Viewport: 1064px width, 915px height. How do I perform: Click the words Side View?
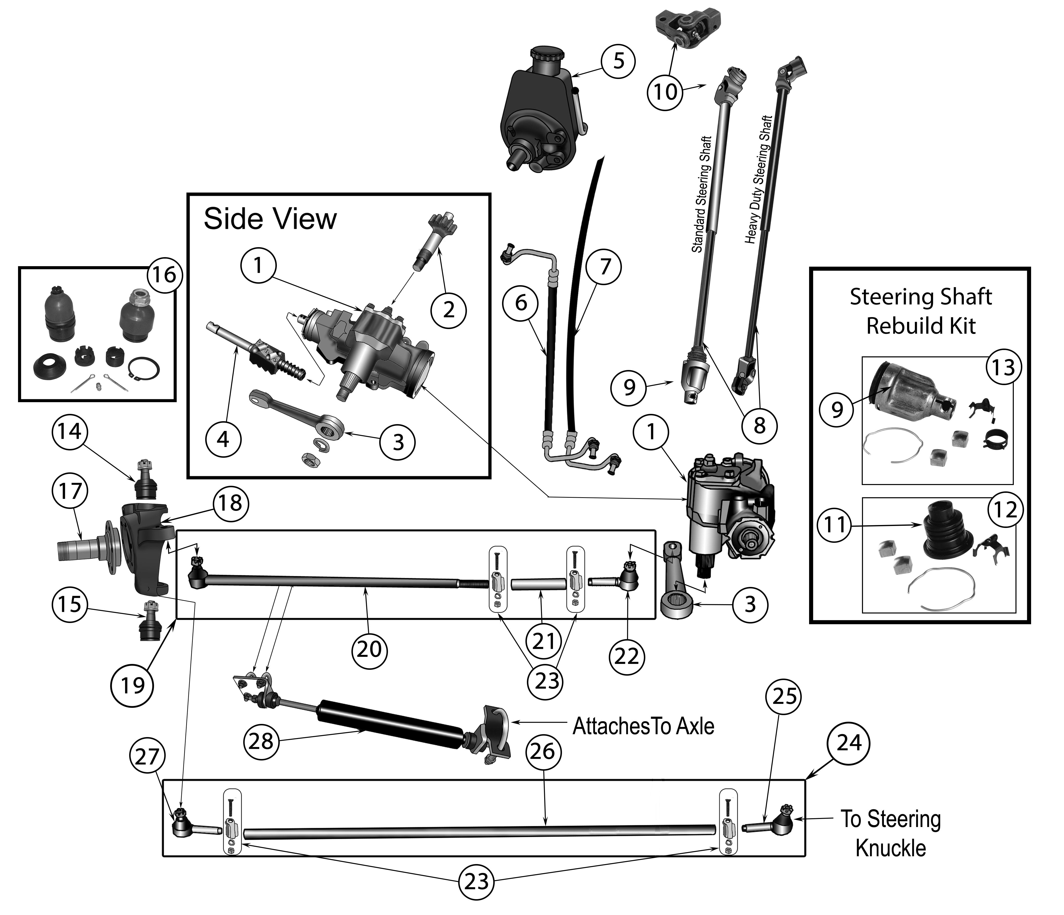click(270, 219)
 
